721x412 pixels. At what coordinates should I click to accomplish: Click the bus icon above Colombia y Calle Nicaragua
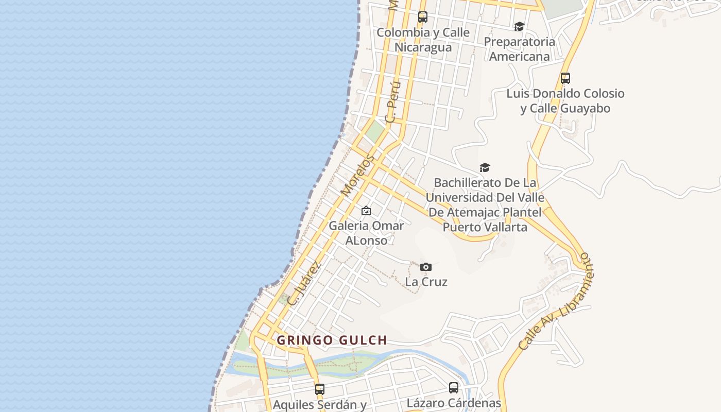tap(423, 17)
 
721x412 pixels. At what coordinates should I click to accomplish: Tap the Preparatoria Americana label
tap(519, 49)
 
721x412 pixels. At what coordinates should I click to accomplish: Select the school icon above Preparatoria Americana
tap(519, 26)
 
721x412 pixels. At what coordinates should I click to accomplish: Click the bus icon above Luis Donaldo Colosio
tap(565, 78)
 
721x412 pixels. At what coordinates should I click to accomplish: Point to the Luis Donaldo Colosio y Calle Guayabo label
tap(565, 101)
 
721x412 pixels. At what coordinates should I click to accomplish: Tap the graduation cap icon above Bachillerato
tap(485, 167)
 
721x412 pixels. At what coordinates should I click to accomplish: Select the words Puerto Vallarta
tap(485, 227)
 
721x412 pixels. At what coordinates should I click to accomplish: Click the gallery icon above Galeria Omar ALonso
tap(366, 211)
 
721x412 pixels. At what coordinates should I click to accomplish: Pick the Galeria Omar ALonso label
tap(366, 233)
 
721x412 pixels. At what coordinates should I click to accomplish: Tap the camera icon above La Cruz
tap(426, 267)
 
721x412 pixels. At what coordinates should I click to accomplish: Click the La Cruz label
tap(426, 282)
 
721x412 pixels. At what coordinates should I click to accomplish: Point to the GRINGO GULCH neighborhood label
tap(332, 340)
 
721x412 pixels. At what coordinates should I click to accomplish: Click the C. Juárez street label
tap(304, 284)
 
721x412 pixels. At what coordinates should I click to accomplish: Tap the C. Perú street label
tap(392, 101)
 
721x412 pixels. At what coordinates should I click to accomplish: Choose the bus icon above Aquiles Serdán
tap(320, 389)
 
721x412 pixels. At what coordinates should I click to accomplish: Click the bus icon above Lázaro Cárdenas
tap(454, 387)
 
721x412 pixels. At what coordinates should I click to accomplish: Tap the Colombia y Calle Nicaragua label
tap(423, 40)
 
